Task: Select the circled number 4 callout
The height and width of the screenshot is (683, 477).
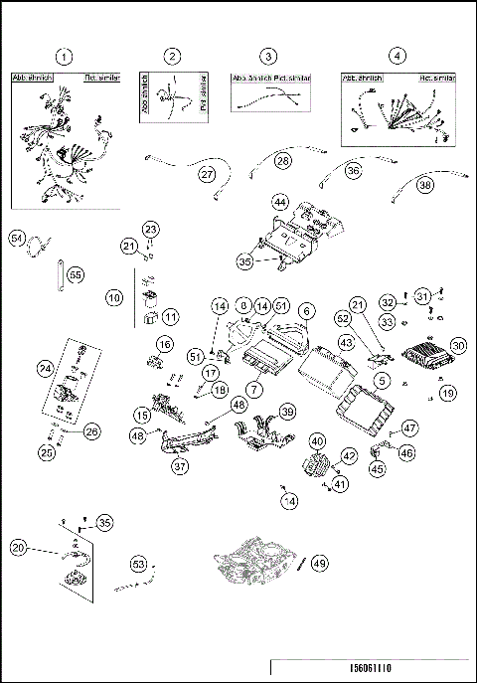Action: coord(398,56)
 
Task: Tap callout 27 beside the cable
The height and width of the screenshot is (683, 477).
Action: coord(207,173)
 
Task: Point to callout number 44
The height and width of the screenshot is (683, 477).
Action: coord(280,202)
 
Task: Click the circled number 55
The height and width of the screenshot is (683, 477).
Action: coord(76,271)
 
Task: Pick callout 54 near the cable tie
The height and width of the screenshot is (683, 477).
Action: coord(16,239)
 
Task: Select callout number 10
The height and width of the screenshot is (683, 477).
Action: coord(115,297)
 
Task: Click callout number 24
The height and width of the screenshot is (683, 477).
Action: coord(44,369)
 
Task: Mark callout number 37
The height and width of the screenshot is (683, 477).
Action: coord(180,465)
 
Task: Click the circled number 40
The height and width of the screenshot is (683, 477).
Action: coord(317,441)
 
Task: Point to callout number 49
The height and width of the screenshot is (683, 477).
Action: coord(320,563)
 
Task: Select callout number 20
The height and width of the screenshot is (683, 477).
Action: coord(19,546)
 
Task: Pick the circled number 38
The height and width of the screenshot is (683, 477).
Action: coord(425,184)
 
